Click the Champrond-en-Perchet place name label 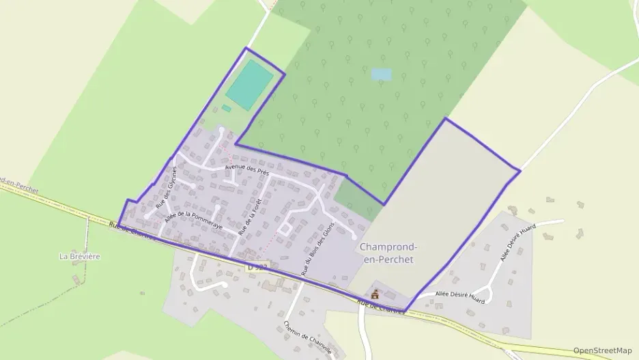(x=388, y=253)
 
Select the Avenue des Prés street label (x=246, y=170)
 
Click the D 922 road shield (x=257, y=266)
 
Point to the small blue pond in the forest (x=382, y=74)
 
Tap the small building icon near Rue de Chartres (x=374, y=294)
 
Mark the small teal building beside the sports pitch (x=226, y=108)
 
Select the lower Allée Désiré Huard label (x=460, y=298)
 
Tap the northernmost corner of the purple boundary (x=246, y=49)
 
